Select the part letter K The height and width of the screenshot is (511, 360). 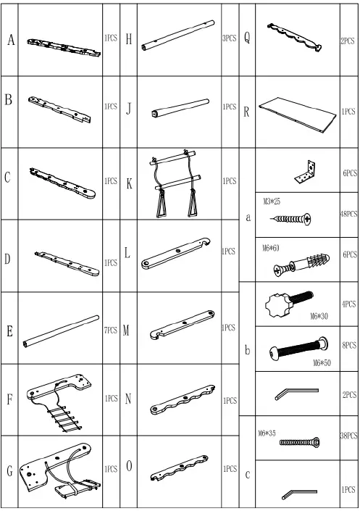tap(129, 184)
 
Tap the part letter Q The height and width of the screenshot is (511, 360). tap(247, 40)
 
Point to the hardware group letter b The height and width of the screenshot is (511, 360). tap(247, 350)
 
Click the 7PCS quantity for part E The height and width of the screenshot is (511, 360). tap(111, 330)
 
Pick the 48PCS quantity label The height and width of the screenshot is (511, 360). tap(349, 215)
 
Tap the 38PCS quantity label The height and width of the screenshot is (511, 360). tap(349, 436)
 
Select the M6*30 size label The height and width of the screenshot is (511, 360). tap(319, 316)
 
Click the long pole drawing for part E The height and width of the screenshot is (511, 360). tap(62, 330)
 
